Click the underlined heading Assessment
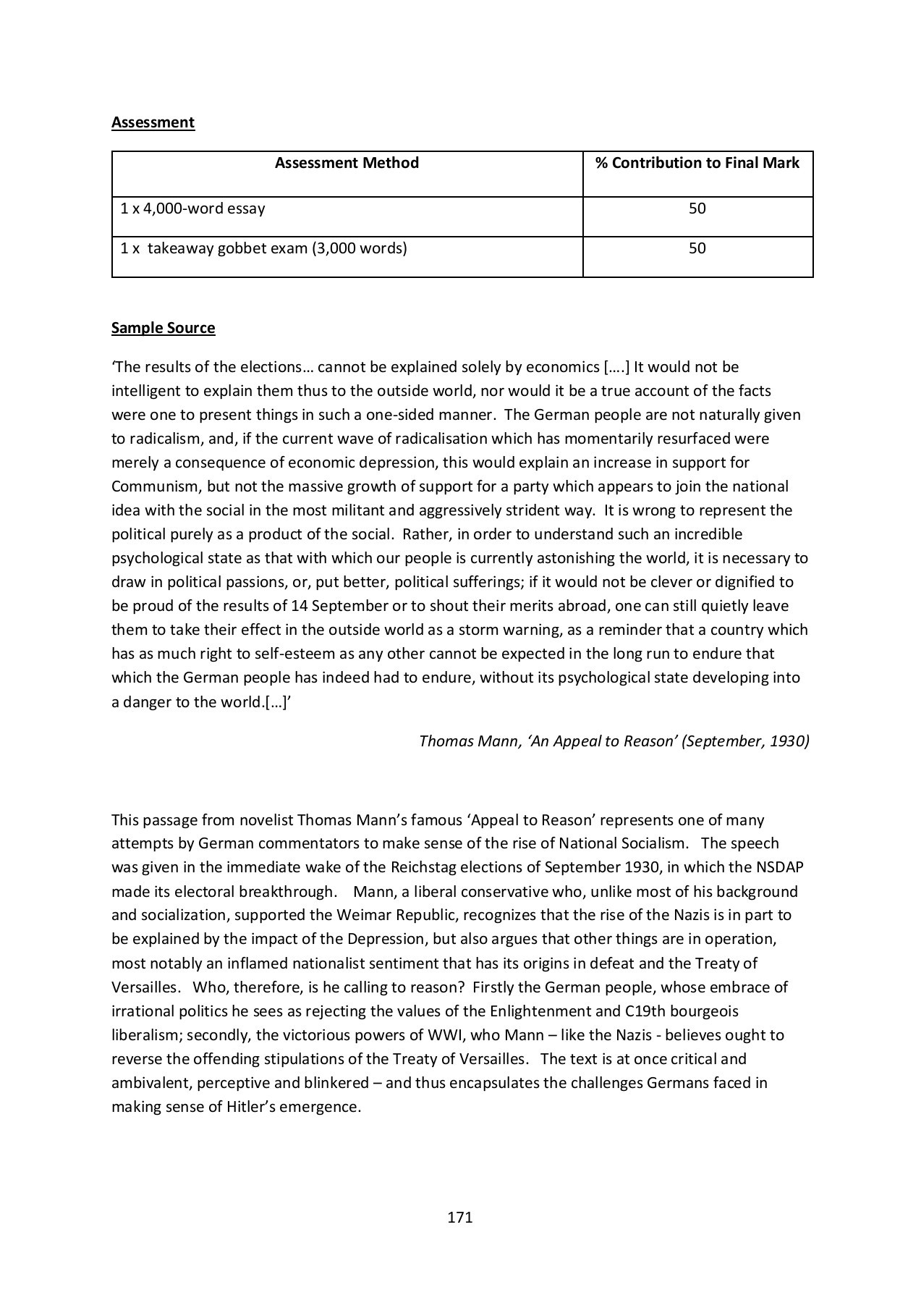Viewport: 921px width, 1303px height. (x=153, y=122)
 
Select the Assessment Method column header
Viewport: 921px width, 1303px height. (x=347, y=163)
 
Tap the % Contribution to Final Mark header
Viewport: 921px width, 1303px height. (x=697, y=163)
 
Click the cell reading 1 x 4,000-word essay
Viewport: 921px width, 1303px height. (x=192, y=209)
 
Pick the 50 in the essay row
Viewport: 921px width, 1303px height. (x=697, y=209)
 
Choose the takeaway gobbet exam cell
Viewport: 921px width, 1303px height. (x=263, y=249)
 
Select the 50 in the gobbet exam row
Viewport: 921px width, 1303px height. (x=697, y=249)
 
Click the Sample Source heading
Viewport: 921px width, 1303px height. (x=163, y=328)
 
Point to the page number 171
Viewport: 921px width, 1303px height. (x=460, y=1218)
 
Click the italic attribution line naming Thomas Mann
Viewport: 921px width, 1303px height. (x=614, y=741)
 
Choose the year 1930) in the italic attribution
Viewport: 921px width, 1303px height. (x=789, y=741)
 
